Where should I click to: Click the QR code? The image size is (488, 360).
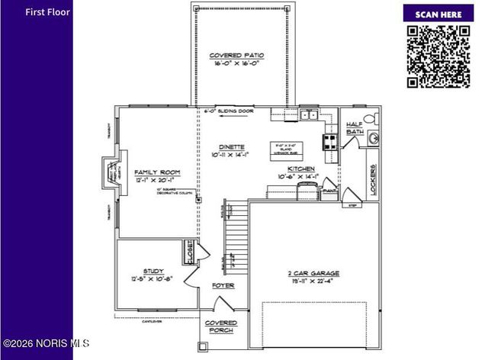tap(438, 56)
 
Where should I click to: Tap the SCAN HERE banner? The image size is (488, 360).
tap(438, 14)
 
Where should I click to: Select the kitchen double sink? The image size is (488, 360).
tap(309, 115)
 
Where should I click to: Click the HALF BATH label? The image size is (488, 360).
tap(355, 128)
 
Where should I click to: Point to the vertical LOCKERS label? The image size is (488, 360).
tap(373, 181)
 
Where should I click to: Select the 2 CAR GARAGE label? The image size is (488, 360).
tap(314, 277)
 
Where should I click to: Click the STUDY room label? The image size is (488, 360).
tap(153, 275)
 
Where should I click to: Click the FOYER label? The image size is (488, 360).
tap(223, 286)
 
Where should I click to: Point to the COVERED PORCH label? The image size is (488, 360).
tap(221, 326)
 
